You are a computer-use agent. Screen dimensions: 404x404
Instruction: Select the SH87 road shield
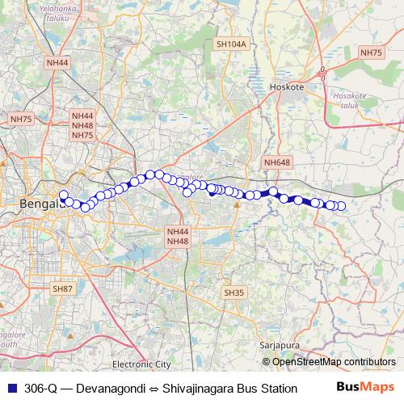[x=62, y=288]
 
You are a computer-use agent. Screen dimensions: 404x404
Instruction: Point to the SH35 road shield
[x=234, y=292]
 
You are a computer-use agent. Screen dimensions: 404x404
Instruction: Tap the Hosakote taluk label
[x=350, y=99]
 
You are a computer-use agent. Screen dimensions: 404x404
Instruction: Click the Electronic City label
[x=142, y=364]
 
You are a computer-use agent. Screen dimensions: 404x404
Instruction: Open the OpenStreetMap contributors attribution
[x=335, y=361]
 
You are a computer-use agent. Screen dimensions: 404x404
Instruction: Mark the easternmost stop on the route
[x=341, y=206]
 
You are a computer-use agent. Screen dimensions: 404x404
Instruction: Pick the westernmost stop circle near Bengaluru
[x=63, y=195]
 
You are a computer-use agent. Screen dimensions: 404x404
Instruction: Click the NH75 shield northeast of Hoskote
[x=371, y=53]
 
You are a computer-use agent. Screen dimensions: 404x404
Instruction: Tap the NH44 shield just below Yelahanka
[x=58, y=62]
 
